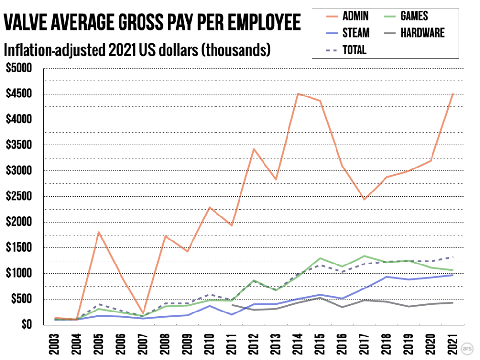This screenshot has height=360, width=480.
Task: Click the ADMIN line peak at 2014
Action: pos(298,94)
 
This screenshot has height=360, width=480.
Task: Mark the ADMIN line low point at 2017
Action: pos(365,199)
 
